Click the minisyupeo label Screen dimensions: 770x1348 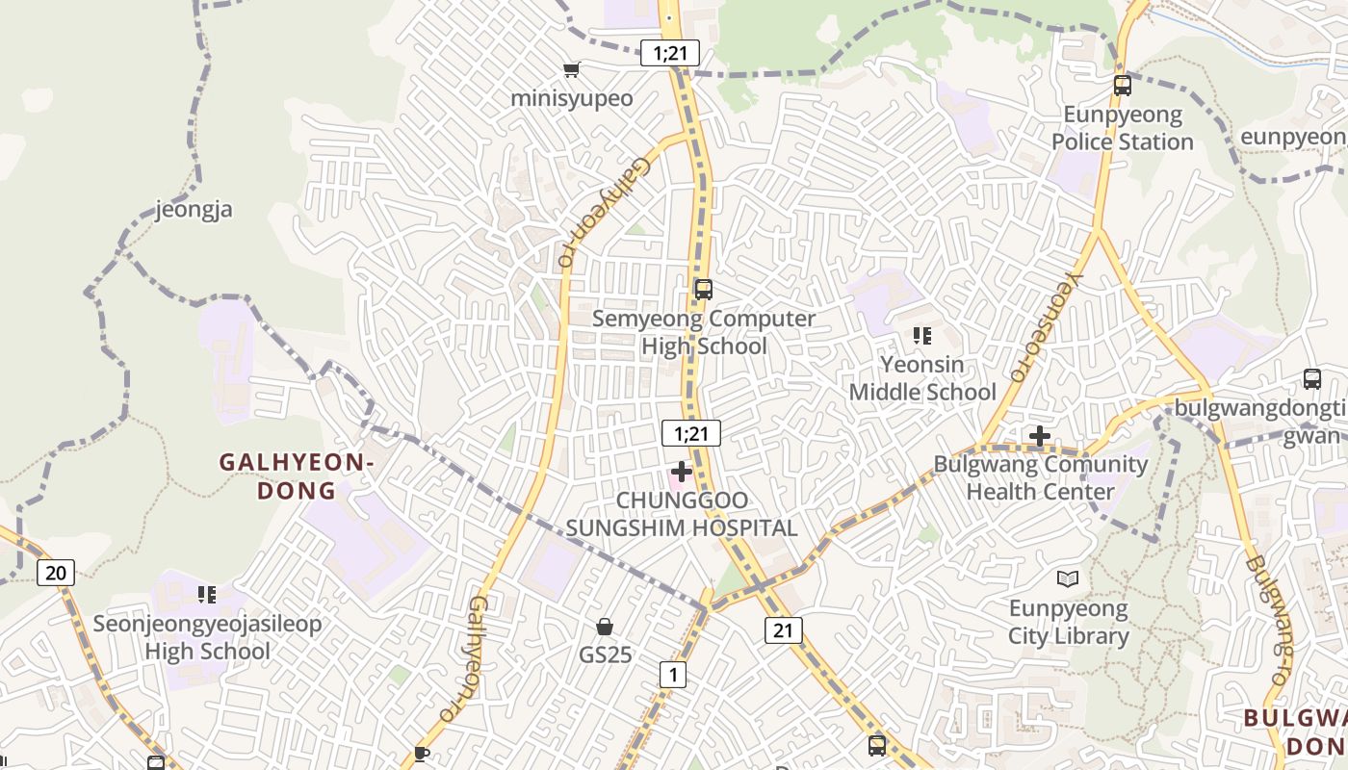point(572,98)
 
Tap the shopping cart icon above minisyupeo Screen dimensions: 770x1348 point(572,69)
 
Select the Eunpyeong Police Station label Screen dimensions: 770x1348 point(1123,129)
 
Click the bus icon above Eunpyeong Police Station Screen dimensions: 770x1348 point(1123,85)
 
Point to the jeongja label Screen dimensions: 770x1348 point(194,209)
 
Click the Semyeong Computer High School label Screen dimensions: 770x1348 point(704,332)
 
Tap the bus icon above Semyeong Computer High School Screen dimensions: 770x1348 point(704,289)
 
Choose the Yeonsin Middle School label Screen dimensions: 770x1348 point(922,378)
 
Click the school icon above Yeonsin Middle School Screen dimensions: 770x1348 point(922,336)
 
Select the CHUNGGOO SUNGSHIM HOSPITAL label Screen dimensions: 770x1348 point(682,514)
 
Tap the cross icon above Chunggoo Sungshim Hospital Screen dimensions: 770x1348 point(682,472)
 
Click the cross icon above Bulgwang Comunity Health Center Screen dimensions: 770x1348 point(1040,436)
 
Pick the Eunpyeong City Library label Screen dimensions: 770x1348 point(1069,623)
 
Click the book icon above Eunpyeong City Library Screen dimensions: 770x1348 point(1068,578)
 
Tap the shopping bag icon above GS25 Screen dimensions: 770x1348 point(605,627)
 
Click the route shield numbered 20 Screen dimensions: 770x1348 point(56,573)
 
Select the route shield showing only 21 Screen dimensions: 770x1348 point(784,630)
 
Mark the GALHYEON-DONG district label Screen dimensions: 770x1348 point(297,476)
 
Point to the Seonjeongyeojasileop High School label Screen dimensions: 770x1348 point(208,637)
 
